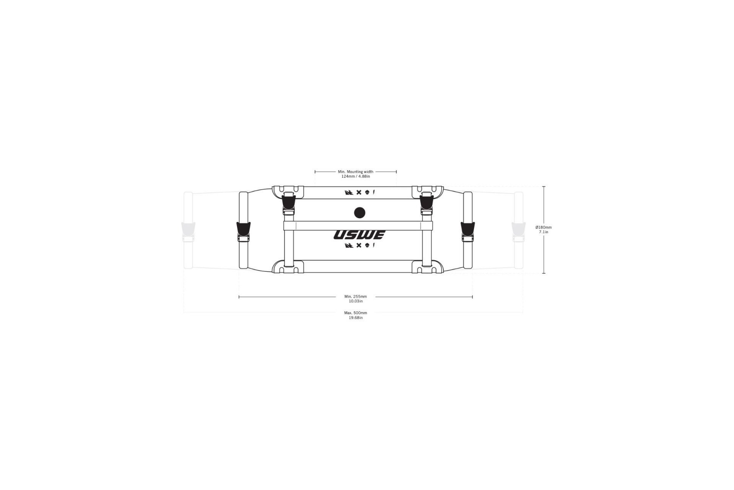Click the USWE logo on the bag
(359, 235)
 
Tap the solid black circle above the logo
(359, 212)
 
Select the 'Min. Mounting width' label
(356, 172)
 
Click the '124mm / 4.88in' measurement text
(356, 176)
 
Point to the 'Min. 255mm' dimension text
(356, 296)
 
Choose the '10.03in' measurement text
(356, 301)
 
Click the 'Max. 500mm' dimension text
(356, 313)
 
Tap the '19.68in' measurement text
(356, 318)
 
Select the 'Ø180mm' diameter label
(544, 227)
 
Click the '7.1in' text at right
(544, 232)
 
